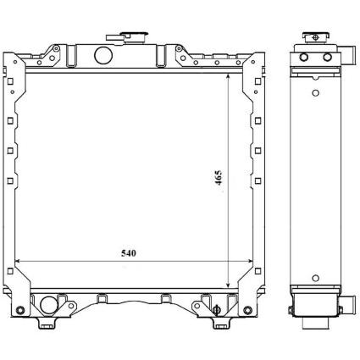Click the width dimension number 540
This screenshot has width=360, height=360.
129,253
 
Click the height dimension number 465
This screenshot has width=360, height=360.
219,178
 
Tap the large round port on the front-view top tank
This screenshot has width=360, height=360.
103,55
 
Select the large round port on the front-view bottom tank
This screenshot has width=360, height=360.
49,305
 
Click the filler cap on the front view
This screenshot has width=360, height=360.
127,37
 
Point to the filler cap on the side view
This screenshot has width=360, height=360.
316,36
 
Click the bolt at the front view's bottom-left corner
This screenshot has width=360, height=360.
19,310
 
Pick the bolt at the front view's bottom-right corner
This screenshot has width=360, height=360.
247,310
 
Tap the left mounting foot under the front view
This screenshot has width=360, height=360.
47,323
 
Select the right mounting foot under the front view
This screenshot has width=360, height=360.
222,323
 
